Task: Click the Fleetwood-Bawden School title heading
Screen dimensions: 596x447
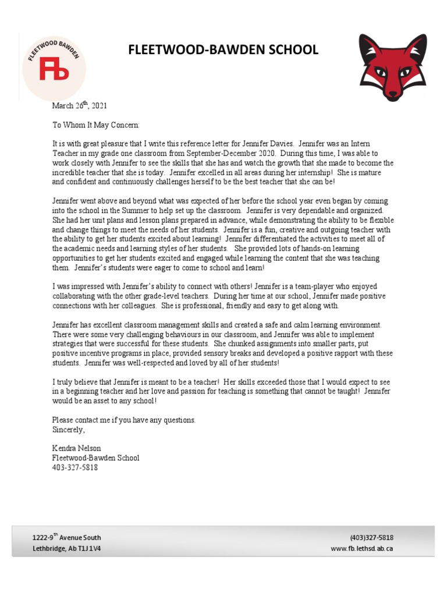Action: (x=223, y=50)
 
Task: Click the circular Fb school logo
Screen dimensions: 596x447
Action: (x=54, y=66)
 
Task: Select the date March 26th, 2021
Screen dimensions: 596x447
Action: (x=79, y=105)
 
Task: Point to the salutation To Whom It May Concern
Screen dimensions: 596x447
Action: (x=96, y=125)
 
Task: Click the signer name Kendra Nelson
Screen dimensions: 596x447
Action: (x=76, y=448)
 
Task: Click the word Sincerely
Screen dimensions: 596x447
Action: (x=68, y=430)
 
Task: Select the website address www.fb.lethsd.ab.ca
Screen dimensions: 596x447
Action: (x=361, y=548)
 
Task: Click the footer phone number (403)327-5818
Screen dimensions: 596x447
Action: (x=371, y=538)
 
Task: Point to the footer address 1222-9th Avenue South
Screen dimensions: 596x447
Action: (x=66, y=538)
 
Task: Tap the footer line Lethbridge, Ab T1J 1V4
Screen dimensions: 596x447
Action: (x=66, y=548)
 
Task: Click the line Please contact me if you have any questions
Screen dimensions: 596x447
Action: (x=124, y=420)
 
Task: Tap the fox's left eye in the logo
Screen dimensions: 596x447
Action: (x=379, y=72)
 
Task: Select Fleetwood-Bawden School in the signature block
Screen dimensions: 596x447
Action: (x=95, y=458)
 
